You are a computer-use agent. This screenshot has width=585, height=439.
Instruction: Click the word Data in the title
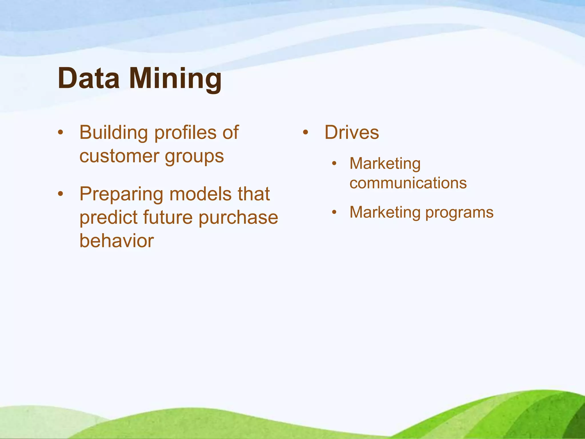pos(89,78)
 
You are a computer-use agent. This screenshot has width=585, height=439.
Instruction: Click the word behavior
pos(117,241)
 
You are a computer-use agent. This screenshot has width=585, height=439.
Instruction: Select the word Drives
pos(352,133)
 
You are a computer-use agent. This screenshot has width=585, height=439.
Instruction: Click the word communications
pos(408,183)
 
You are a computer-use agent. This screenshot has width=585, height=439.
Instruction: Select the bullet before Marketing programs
pos(334,212)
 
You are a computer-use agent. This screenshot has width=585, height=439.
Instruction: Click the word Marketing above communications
pos(385,164)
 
